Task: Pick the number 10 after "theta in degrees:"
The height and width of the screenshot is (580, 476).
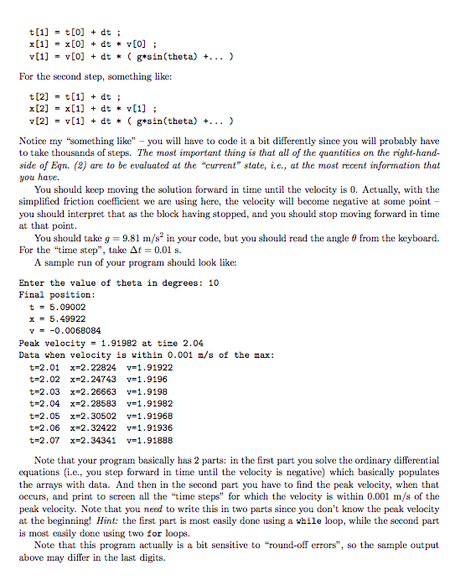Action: pos(214,282)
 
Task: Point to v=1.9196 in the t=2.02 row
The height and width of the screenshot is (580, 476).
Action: pos(142,379)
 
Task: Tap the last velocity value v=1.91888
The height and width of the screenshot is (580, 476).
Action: pos(147,438)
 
